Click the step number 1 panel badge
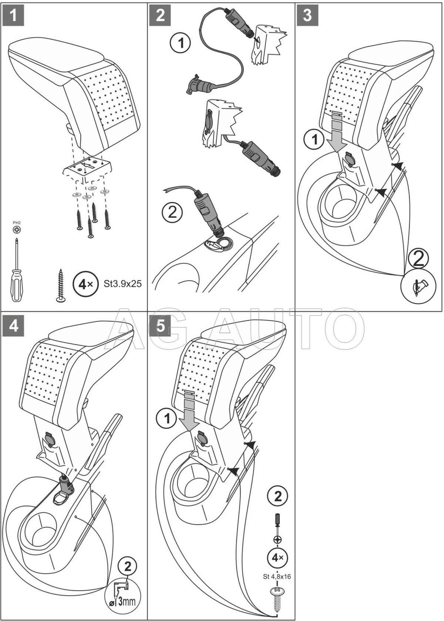pos(13,15)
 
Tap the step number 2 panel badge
pos(160,15)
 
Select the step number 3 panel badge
pos(307,15)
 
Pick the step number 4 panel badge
pos(13,326)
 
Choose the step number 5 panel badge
pos(160,326)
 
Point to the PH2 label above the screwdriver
pos(16,223)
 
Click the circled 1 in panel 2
pos(180,44)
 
